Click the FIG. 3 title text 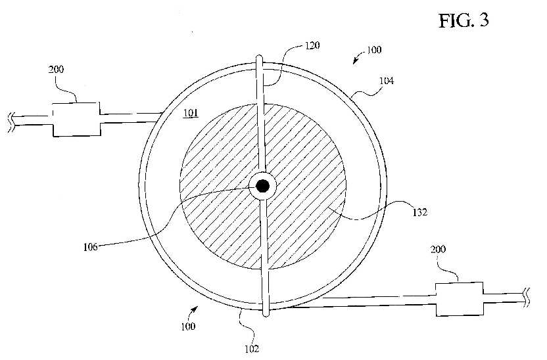coord(464,20)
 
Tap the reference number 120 coord(312,45)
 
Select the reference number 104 coord(387,81)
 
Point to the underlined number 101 coord(191,113)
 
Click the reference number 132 coord(419,212)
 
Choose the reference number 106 coord(90,247)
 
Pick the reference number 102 coord(252,349)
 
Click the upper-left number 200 coord(56,70)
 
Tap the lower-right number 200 coord(438,249)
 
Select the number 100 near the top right coord(374,50)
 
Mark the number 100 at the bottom coord(188,326)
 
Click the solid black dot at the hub coord(263,186)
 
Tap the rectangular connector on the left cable coord(76,119)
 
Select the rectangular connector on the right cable coord(460,299)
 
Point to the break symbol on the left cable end coord(11,122)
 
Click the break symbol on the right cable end coord(526,298)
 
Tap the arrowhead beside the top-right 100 coord(355,60)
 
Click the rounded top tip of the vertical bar coord(259,56)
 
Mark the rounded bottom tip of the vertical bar coord(266,315)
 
